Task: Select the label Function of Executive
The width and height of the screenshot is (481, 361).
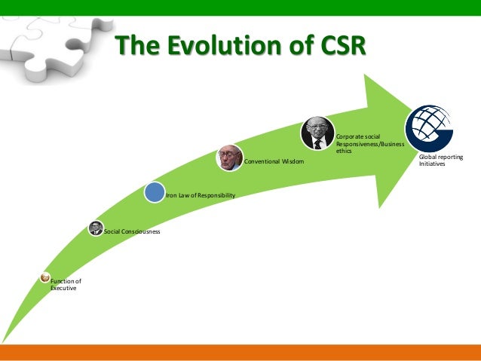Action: tap(65, 284)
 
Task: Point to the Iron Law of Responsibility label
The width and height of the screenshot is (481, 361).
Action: tap(200, 195)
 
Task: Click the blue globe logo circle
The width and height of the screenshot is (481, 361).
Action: tap(430, 127)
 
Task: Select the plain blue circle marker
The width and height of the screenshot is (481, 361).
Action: tap(155, 191)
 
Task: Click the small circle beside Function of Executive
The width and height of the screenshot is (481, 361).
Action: tap(45, 277)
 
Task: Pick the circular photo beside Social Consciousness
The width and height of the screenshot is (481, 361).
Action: tap(96, 228)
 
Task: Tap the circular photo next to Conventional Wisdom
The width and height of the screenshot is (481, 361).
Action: tap(230, 158)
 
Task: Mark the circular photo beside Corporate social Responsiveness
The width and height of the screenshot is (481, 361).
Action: tap(317, 133)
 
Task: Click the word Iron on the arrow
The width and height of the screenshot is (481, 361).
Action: tap(171, 195)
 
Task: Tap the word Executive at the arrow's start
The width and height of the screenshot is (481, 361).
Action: tap(63, 288)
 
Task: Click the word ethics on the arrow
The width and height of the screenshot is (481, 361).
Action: tap(344, 151)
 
